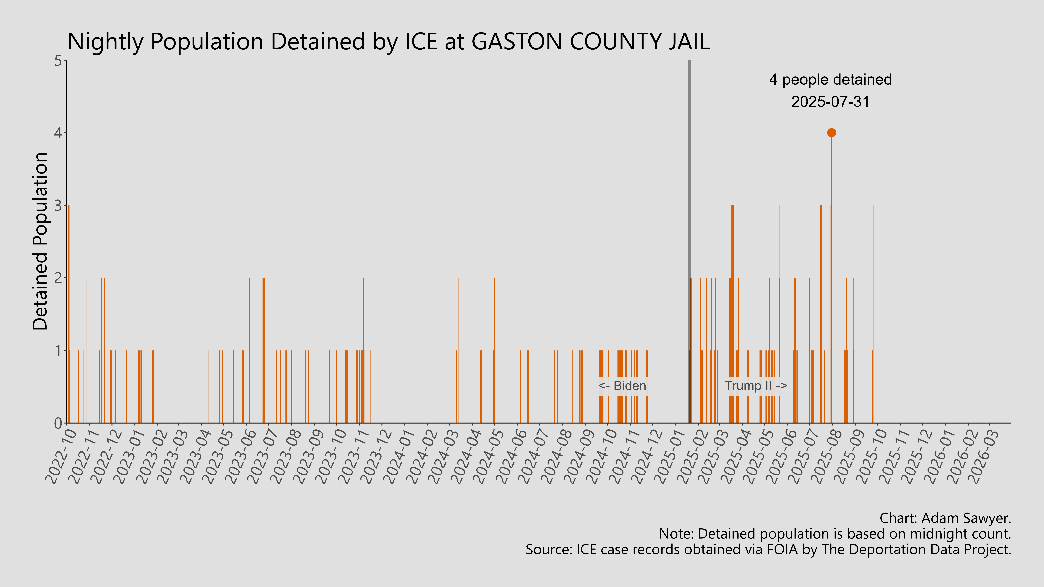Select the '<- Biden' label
622,386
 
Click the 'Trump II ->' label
756,386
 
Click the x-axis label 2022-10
62,456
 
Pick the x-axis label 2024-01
399,456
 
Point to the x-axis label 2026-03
984,456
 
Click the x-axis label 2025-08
827,456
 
